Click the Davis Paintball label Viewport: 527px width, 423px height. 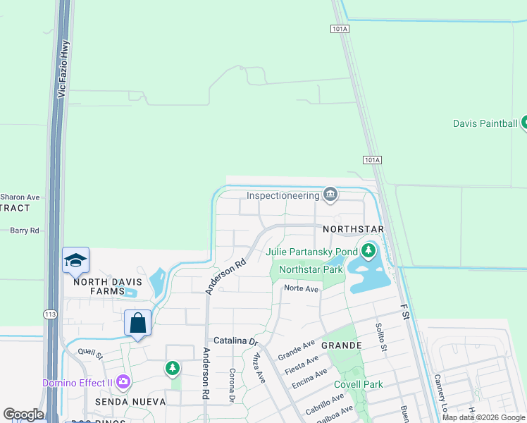485,123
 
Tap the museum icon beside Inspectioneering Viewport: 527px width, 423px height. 330,194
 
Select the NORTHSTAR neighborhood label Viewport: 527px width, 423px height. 353,230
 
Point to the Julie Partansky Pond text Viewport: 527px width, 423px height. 311,252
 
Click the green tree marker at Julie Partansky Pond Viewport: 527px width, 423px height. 368,250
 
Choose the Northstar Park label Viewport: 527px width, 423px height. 311,269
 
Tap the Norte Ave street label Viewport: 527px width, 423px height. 302,288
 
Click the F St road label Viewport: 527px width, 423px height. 404,312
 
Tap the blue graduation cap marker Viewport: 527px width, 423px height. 75,261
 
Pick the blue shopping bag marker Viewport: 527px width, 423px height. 138,324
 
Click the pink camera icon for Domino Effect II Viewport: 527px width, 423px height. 124,382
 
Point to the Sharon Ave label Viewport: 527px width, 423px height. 20,197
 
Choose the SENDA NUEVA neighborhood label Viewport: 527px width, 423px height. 130,401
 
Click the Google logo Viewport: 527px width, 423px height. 23,415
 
